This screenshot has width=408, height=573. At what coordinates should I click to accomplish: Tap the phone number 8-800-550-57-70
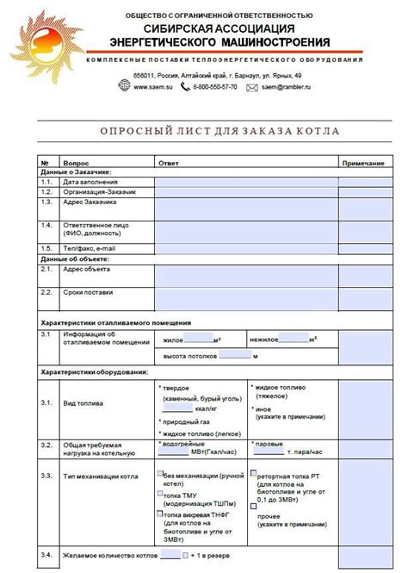(215, 88)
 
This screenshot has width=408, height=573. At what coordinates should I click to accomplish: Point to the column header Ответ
(168, 163)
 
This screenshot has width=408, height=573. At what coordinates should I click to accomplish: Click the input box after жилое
(199, 338)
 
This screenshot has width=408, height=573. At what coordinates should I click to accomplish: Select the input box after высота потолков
(234, 353)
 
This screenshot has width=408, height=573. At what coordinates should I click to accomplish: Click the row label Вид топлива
(83, 403)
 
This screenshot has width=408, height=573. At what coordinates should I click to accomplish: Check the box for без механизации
(160, 474)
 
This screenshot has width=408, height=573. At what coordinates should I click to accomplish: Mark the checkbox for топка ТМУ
(160, 494)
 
